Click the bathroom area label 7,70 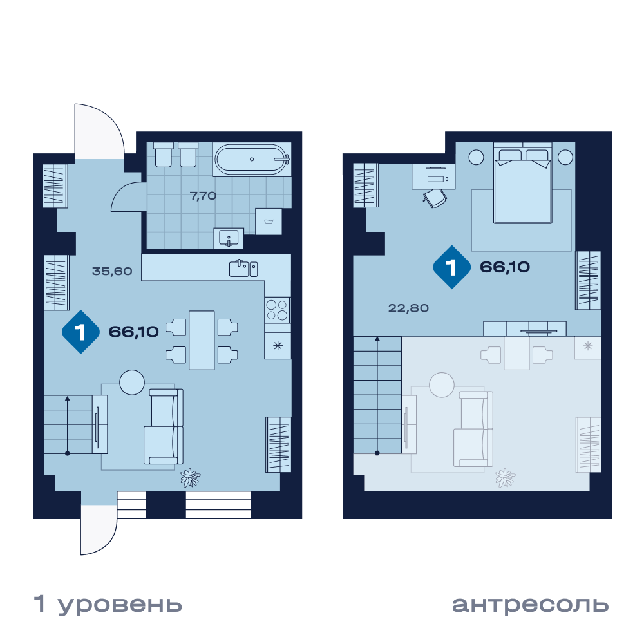[x=203, y=196]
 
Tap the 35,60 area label [x=112, y=271]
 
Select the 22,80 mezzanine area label [x=408, y=308]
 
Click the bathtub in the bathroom [x=252, y=159]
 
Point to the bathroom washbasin [x=229, y=238]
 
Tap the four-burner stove [x=277, y=310]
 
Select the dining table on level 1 [x=202, y=341]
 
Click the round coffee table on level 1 [x=132, y=383]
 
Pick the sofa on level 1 [x=164, y=426]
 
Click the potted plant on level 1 [x=191, y=478]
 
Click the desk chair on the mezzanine [x=435, y=198]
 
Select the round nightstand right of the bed [x=565, y=157]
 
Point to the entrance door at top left [x=99, y=131]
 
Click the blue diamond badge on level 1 [x=80, y=332]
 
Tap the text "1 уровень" [x=108, y=605]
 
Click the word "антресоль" [x=530, y=605]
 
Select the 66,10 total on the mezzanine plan [x=505, y=267]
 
